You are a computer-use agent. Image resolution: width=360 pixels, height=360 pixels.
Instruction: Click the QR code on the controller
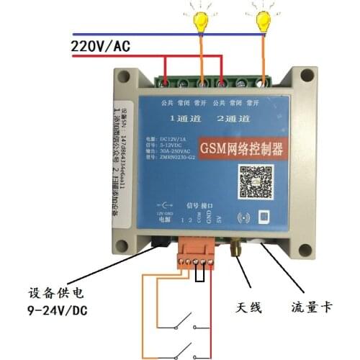click(x=253, y=181)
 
